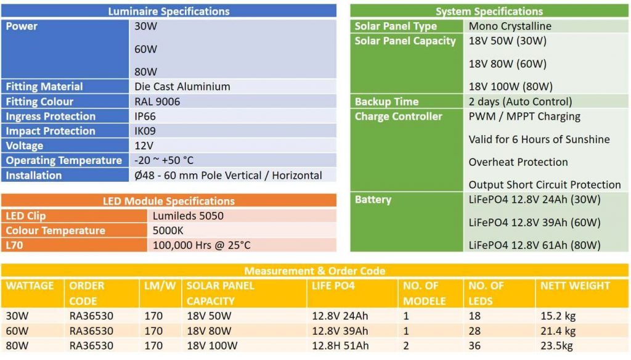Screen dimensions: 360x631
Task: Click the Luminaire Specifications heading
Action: point(168,11)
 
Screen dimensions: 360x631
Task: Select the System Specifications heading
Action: point(489,11)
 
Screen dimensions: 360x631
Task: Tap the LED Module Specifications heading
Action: point(168,201)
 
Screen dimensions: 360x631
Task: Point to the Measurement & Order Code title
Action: point(314,271)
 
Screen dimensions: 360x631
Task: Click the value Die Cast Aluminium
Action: point(182,87)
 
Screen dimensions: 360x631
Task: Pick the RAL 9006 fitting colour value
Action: point(157,102)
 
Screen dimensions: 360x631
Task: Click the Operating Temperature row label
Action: point(64,161)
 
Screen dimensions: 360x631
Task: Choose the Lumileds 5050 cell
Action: point(188,216)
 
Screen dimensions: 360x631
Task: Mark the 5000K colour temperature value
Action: point(168,231)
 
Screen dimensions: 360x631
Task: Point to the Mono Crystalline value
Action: point(510,27)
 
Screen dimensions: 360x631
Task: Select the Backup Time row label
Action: point(386,102)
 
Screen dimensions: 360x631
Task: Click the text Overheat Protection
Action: point(518,162)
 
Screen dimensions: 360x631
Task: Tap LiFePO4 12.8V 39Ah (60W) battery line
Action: point(534,223)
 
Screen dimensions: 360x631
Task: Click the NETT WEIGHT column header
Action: point(575,286)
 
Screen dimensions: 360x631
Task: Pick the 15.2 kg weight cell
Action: point(558,316)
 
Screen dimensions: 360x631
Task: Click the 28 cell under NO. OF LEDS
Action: point(474,331)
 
